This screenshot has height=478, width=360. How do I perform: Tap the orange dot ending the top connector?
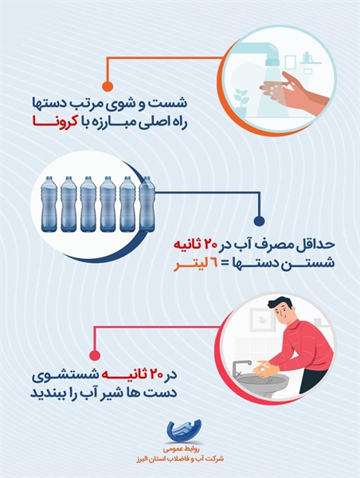[107, 86]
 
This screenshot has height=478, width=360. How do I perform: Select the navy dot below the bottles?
[259, 220]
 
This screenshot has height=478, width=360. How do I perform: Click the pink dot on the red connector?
[95, 355]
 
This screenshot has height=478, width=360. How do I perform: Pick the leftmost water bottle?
[49, 204]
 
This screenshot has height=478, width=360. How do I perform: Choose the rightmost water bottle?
[147, 204]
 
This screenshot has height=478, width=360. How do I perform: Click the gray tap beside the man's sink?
[241, 368]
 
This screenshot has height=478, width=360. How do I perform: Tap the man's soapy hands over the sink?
[264, 367]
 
